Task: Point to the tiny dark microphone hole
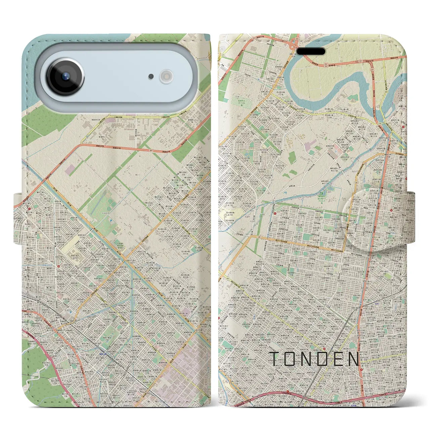[x=151, y=77]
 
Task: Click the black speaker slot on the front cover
[x=311, y=51]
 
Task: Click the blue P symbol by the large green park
[x=111, y=221]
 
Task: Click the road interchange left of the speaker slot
[x=296, y=42]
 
